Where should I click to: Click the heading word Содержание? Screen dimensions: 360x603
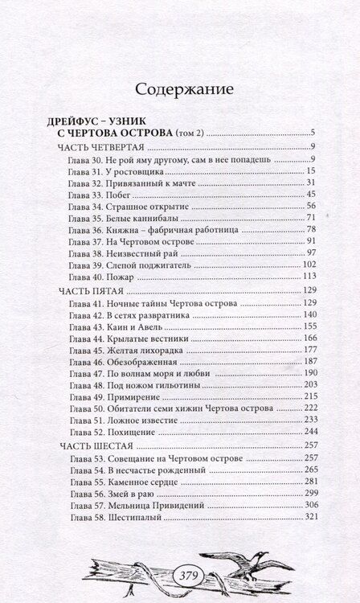[180, 86]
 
